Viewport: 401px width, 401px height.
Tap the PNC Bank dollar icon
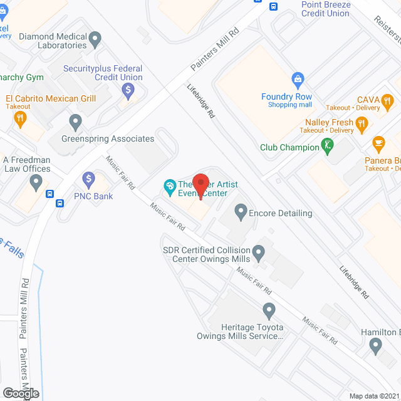pos(88,180)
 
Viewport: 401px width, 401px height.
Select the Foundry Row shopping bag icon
pos(298,80)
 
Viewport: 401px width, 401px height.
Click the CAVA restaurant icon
pos(388,100)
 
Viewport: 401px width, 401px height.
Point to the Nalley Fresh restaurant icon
pos(361,124)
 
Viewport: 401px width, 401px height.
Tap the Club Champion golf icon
pos(326,146)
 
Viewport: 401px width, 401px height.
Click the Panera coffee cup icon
pos(378,143)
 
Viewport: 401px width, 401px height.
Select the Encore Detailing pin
pos(240,212)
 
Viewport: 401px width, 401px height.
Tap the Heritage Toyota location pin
pos(269,310)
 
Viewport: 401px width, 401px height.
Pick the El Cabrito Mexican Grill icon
pos(21,118)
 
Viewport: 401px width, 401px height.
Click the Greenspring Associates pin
pos(76,121)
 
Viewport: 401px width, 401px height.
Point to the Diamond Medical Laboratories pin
pos(95,41)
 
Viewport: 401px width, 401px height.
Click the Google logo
pos(20,393)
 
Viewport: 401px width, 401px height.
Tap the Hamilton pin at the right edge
pos(375,345)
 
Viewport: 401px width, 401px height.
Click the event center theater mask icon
pos(169,185)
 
